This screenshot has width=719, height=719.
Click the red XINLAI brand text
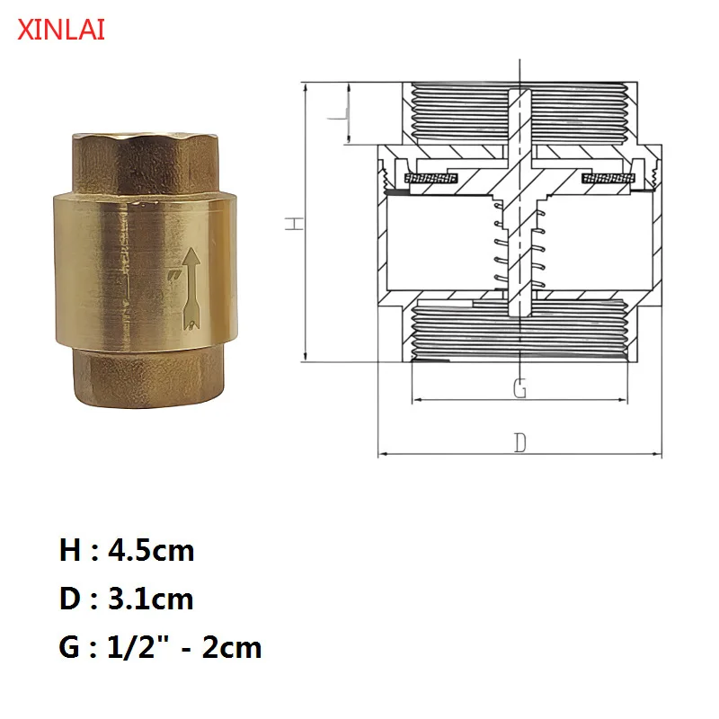pos(61,30)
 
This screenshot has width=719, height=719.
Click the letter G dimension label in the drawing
pos(519,388)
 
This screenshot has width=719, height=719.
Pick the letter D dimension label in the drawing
pos(519,442)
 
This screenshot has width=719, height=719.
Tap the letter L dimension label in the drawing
pos(336,115)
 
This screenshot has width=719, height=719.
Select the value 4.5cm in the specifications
pos(150,549)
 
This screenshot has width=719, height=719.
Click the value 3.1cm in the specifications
pos(150,598)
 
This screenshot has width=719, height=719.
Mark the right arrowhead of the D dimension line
pos(658,454)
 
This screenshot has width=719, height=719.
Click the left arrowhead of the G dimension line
pos(416,400)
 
